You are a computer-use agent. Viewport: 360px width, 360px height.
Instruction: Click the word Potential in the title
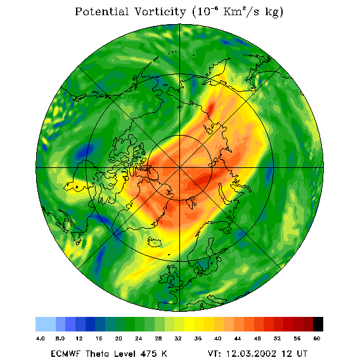(x=101, y=11)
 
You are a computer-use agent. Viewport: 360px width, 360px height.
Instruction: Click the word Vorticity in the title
(x=160, y=11)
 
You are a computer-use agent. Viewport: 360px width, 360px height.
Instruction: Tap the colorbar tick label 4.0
(x=40, y=338)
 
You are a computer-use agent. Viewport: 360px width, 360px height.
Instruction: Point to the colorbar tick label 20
(x=119, y=338)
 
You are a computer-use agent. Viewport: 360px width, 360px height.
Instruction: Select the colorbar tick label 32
(x=178, y=338)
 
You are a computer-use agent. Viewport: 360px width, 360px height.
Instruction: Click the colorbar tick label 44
(x=238, y=338)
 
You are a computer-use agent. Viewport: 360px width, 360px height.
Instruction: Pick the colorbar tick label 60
(x=317, y=338)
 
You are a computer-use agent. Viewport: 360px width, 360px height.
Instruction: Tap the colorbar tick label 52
(x=277, y=338)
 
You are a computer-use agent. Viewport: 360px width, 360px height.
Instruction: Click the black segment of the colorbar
(x=318, y=324)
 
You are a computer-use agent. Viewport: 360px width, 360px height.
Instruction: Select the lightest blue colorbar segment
(x=46, y=324)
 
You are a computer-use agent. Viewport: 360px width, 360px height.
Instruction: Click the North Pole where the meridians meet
(x=179, y=168)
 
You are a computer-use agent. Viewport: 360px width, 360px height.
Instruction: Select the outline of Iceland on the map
(x=155, y=242)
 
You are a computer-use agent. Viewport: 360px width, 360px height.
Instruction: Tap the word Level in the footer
(x=124, y=354)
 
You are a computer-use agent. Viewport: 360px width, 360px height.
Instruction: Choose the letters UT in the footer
(x=301, y=354)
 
